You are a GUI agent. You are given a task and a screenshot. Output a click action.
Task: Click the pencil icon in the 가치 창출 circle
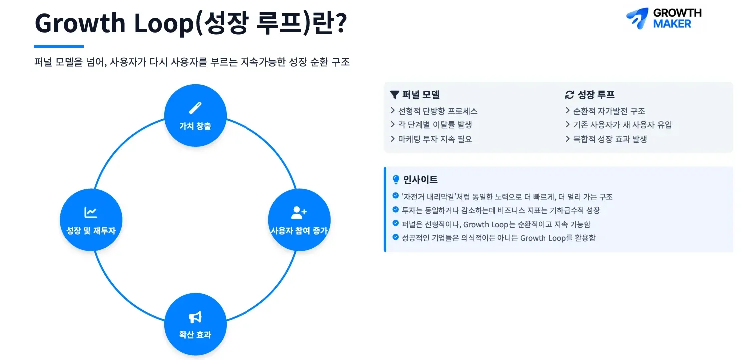point(195,108)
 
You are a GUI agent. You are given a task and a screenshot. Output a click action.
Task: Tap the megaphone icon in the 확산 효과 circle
point(195,317)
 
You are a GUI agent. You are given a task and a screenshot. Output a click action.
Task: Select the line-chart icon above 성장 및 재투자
point(91,213)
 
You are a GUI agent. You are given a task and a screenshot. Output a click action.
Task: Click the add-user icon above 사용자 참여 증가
point(299,213)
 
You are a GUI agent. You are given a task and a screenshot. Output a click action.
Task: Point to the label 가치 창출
point(195,126)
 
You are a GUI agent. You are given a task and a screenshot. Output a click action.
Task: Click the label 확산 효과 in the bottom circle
point(195,335)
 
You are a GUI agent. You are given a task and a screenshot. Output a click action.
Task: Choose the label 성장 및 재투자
point(91,231)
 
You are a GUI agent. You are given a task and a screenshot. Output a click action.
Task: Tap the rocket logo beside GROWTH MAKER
point(637,18)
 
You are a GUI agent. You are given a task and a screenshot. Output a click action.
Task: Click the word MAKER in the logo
point(672,24)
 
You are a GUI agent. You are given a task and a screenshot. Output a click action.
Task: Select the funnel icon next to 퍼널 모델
point(395,95)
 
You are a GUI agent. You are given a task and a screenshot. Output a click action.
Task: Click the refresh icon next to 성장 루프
point(570,95)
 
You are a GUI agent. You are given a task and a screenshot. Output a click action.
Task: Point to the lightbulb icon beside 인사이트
point(396,180)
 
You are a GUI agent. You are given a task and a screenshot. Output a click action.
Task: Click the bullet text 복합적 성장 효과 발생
point(610,139)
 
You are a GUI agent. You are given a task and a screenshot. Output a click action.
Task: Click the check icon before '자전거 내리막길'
point(396,196)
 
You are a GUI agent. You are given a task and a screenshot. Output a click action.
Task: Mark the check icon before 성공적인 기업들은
point(396,237)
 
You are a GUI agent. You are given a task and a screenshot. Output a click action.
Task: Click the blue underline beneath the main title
point(59,46)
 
